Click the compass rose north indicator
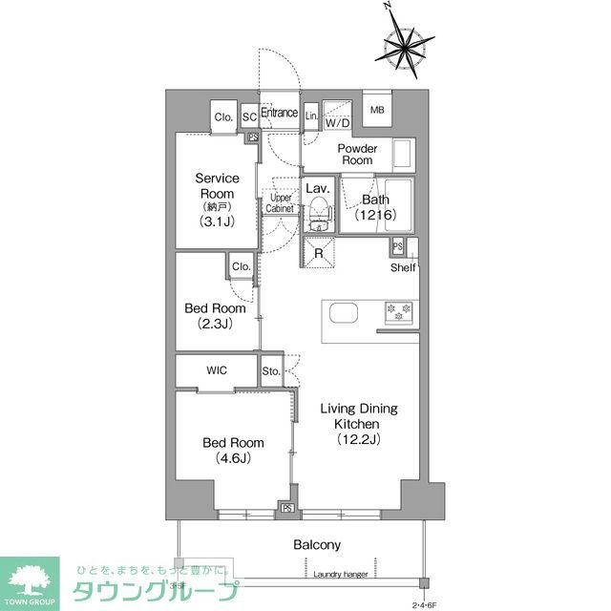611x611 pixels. click(390, 9)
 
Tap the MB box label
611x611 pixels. click(376, 109)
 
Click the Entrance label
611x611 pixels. click(280, 113)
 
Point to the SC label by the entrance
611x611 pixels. click(249, 116)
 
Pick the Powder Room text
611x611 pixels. click(358, 155)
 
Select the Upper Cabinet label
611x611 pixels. click(280, 202)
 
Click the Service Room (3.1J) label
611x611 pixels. click(217, 200)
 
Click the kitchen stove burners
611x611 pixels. click(398, 311)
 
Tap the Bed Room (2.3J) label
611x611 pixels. click(215, 316)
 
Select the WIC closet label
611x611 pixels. click(215, 370)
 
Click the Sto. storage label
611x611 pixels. click(271, 370)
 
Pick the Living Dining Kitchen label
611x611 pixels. click(358, 423)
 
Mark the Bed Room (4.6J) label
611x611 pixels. click(233, 450)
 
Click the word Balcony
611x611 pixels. click(317, 544)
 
